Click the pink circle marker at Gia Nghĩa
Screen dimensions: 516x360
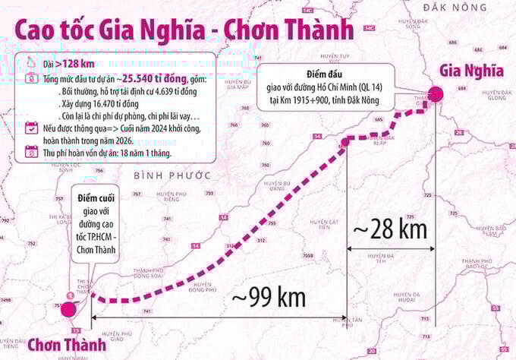(436, 95)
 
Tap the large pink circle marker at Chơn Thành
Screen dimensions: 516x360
(68, 309)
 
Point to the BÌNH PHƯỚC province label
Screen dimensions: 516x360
(171, 175)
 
